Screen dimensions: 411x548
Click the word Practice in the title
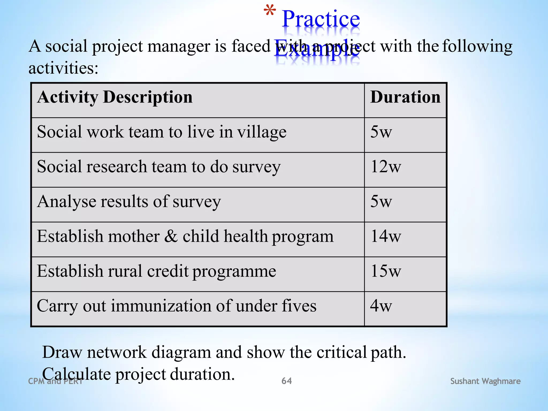coord(321,19)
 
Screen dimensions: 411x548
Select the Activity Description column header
coord(115,97)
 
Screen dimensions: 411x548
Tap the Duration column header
coord(405,97)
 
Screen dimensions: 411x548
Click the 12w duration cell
coord(386,167)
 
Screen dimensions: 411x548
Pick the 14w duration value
coord(386,236)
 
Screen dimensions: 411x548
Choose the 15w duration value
coord(386,271)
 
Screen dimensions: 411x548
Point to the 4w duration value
coord(381,306)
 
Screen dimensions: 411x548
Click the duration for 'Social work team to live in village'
coord(381,132)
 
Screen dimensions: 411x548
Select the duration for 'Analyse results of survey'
coord(381,201)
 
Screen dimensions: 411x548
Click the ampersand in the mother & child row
coord(171,236)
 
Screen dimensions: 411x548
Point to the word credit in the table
coord(168,271)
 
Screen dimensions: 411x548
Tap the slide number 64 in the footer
coord(287,381)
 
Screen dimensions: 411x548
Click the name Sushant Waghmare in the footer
coord(485,381)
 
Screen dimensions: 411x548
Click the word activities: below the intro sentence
coord(63,68)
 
